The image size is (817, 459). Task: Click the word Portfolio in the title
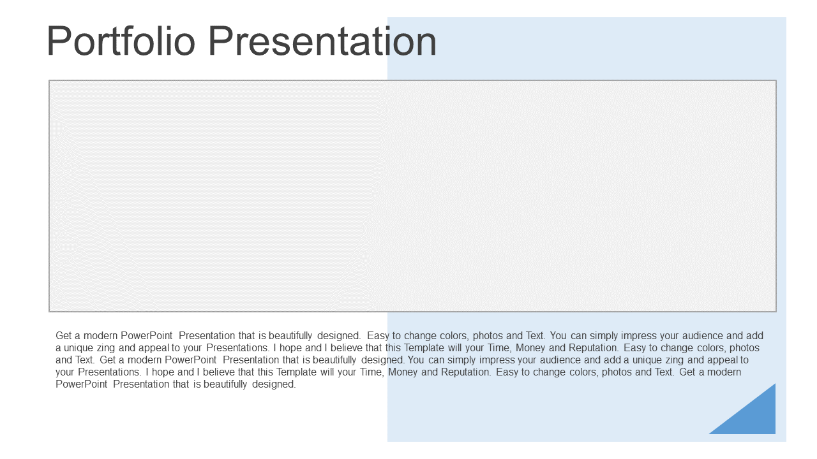tap(121, 41)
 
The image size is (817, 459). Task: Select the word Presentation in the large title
tap(322, 41)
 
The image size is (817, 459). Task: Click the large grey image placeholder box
tap(412, 196)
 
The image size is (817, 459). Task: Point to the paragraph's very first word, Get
tap(63, 335)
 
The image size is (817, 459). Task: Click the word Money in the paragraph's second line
tap(530, 348)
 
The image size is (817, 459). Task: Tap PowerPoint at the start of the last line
tap(81, 384)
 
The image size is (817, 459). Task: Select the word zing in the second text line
tap(106, 349)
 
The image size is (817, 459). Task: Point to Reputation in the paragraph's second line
tap(594, 348)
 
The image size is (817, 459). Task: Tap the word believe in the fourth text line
tap(218, 372)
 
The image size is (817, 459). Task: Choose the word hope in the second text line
tap(290, 349)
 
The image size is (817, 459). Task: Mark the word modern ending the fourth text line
tap(724, 372)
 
